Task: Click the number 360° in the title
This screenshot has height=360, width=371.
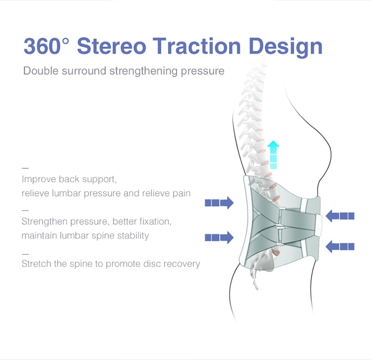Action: (x=46, y=46)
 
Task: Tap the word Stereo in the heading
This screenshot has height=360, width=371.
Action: (x=111, y=46)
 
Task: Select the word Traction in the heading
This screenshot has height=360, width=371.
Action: (x=196, y=46)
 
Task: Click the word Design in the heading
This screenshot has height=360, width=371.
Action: (x=285, y=48)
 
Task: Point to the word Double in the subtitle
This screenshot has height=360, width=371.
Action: (x=41, y=71)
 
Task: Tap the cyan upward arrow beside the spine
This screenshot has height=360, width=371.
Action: (x=273, y=154)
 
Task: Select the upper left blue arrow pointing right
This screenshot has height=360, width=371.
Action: (x=219, y=203)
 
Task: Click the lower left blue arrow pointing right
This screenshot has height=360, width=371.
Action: (x=219, y=237)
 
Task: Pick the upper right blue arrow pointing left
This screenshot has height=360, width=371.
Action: (x=340, y=216)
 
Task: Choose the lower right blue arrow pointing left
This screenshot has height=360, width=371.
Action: (x=340, y=247)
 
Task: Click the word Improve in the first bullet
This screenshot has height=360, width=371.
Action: (x=39, y=179)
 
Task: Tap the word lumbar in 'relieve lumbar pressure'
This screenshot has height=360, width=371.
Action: (x=66, y=193)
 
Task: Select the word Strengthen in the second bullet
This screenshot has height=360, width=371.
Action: (x=45, y=222)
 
